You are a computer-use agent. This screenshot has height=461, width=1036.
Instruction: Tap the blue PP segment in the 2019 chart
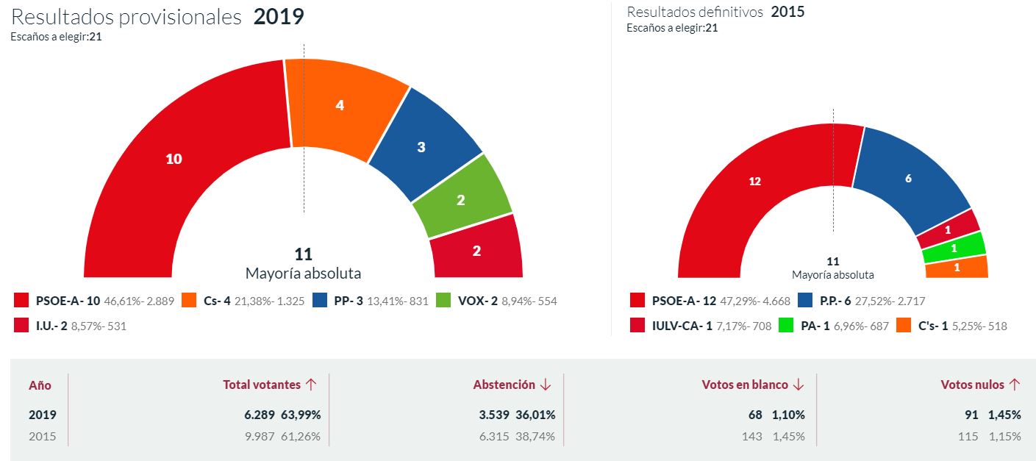coord(421,146)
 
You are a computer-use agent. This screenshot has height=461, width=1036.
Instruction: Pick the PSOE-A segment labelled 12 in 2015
coord(754,182)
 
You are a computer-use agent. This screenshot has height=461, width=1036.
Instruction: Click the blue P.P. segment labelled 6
coord(909,179)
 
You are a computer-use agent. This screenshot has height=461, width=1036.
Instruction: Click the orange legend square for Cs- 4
coord(189,301)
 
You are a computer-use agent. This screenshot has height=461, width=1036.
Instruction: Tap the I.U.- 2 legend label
coord(51,326)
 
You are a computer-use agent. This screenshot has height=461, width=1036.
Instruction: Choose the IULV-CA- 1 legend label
coord(681,326)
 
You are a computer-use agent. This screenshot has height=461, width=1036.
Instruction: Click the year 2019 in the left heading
coord(279,17)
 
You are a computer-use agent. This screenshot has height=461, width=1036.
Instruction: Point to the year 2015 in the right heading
coord(787,12)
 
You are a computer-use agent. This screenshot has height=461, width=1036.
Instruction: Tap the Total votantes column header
coord(262,385)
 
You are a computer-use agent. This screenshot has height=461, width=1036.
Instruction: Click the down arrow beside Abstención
coord(546,385)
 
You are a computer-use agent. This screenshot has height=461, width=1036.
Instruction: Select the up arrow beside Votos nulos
coord(1015,385)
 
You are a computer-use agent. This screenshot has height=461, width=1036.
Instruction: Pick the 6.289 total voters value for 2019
coord(260,415)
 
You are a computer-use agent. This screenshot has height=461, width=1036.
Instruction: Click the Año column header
coord(40,385)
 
